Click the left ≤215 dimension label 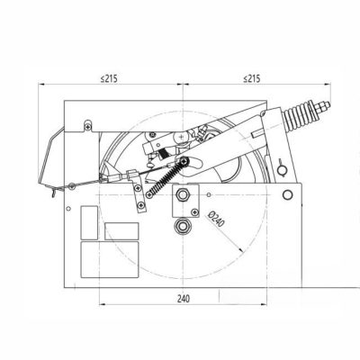(109, 78)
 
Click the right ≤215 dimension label (252, 78)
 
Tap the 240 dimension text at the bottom (184, 299)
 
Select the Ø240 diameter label (217, 219)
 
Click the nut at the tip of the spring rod (323, 107)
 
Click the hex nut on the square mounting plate (182, 194)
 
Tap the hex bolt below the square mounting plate (182, 226)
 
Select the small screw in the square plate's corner (194, 212)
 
